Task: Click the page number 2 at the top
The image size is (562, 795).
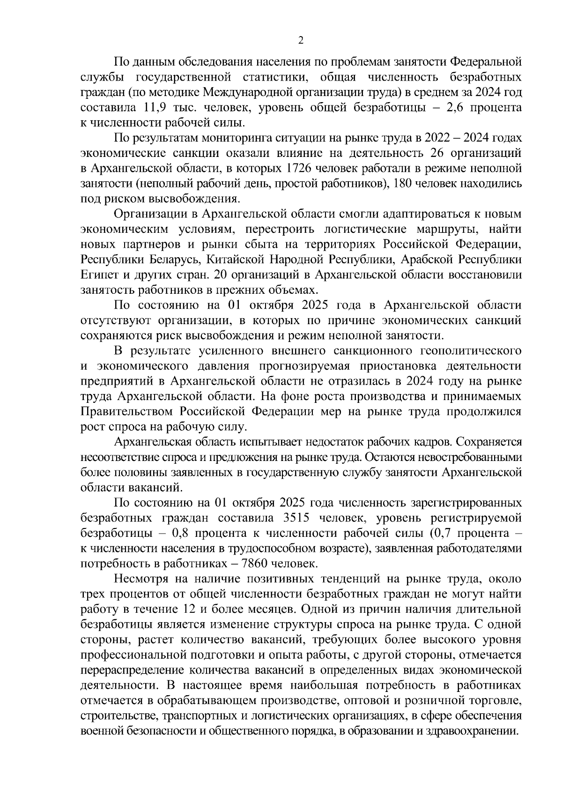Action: pyautogui.click(x=301, y=41)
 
